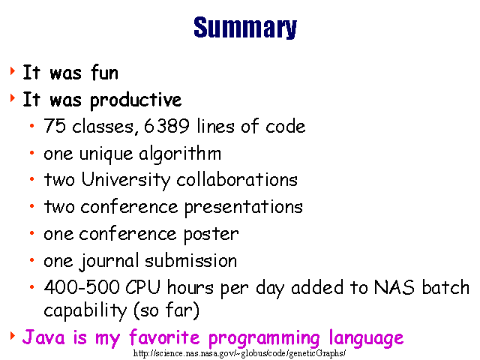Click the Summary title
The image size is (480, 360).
245,28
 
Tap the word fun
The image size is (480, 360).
104,73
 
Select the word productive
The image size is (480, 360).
136,100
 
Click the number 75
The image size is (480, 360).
55,125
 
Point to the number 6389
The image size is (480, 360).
166,125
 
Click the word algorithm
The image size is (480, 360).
180,154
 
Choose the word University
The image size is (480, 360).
125,180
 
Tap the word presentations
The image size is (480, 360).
243,208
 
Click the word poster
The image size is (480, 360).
211,235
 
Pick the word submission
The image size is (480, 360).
190,261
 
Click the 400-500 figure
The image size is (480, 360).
82,287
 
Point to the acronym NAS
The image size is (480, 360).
394,287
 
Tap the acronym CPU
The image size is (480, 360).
143,287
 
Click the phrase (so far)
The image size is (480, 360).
166,310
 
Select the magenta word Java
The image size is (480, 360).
43,337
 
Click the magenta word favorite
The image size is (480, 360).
164,337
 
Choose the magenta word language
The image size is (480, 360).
366,338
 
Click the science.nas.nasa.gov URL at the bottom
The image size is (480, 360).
240,353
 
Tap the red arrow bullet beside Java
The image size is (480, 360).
13,336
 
